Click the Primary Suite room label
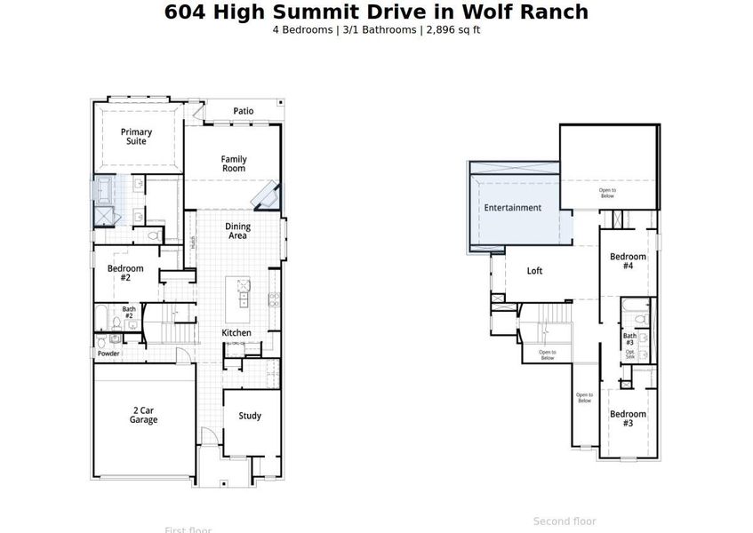click(136, 137)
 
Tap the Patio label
click(244, 111)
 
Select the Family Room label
click(234, 163)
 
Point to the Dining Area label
click(237, 231)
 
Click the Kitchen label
click(236, 333)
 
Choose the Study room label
click(250, 416)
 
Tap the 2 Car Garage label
click(143, 415)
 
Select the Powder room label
click(108, 353)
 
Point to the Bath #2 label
click(128, 313)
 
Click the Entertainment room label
click(512, 208)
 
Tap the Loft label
click(534, 271)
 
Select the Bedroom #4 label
click(628, 261)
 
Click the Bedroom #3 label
click(628, 418)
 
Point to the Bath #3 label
click(629, 339)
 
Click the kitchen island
click(238, 298)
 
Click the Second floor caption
click(565, 521)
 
